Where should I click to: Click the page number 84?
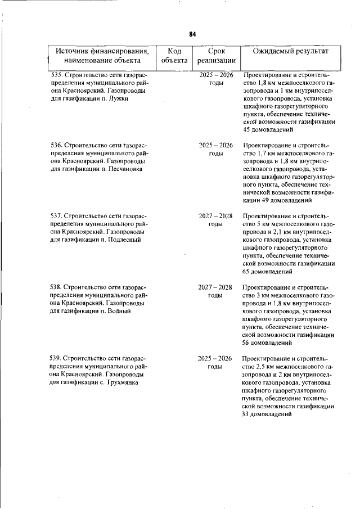click(x=192, y=34)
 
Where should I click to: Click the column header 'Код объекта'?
click(x=174, y=56)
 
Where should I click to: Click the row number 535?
click(x=56, y=75)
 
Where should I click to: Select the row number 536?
click(x=56, y=145)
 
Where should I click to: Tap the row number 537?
click(x=56, y=216)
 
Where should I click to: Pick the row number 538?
click(x=56, y=287)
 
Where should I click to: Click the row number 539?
click(x=56, y=358)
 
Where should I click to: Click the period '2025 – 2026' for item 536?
click(x=216, y=145)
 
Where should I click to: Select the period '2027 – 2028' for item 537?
click(x=216, y=216)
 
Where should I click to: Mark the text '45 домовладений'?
click(x=267, y=129)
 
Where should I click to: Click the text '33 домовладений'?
click(x=267, y=413)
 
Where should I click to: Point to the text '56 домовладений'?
click(x=267, y=342)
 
